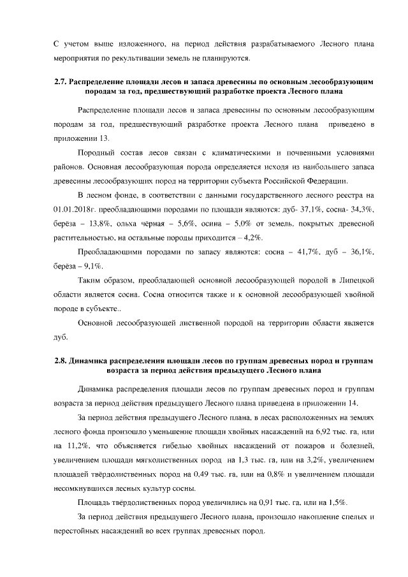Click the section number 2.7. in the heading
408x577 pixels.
click(x=61, y=82)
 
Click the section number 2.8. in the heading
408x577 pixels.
click(x=61, y=361)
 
